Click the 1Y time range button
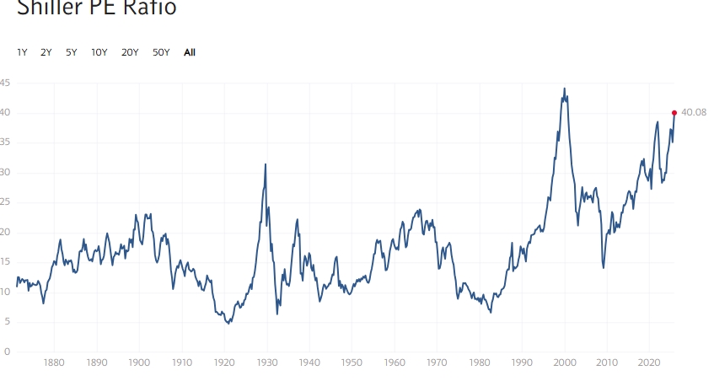point(22,52)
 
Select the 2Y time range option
point(46,52)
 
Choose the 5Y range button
point(72,52)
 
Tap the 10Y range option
point(99,52)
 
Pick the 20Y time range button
point(130,52)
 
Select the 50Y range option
point(161,52)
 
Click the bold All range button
point(190,52)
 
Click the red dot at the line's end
point(674,112)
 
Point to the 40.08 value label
point(694,112)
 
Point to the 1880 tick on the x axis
point(55,363)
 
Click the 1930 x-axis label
point(267,363)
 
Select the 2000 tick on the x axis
point(565,363)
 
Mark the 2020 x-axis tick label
point(650,363)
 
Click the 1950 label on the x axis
point(352,363)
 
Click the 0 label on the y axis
point(7,351)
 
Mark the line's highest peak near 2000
point(565,89)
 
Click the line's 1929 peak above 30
point(266,164)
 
